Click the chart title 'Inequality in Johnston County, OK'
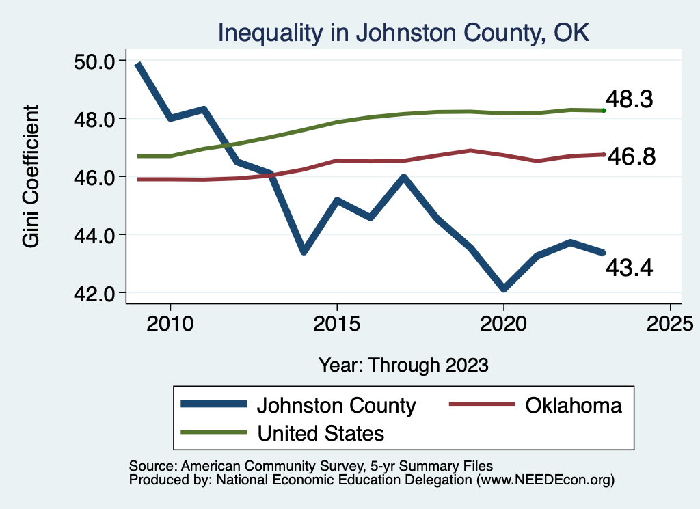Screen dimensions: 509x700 click(x=403, y=32)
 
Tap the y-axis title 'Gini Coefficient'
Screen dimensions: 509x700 click(x=31, y=176)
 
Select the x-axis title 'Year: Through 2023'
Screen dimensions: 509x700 click(x=403, y=364)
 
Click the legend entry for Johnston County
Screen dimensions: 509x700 click(x=336, y=405)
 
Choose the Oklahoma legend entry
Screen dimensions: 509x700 click(x=574, y=405)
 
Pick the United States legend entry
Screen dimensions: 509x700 click(x=320, y=432)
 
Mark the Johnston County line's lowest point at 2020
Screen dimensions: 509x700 click(x=503, y=289)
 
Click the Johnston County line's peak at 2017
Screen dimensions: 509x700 click(x=403, y=178)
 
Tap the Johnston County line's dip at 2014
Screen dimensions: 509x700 click(x=304, y=251)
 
